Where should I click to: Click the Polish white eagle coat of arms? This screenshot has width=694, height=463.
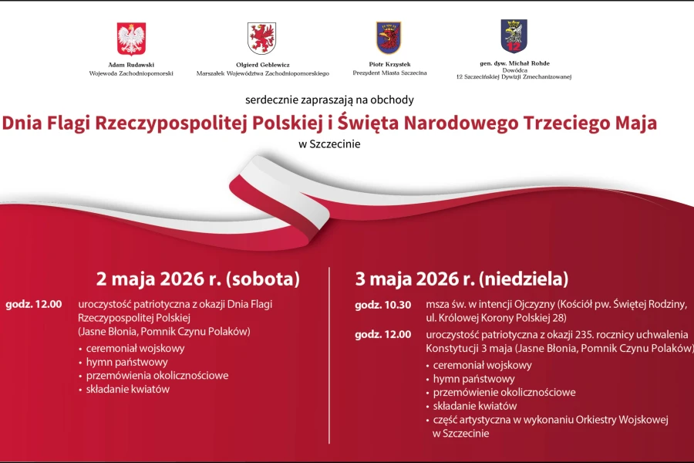(x=131, y=38)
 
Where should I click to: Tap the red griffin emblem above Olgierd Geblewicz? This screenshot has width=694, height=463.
(x=262, y=38)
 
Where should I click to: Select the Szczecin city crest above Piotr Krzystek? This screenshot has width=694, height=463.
(x=389, y=37)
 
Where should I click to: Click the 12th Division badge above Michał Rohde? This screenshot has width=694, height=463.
(x=514, y=36)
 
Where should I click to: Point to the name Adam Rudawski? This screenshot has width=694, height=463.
(x=131, y=66)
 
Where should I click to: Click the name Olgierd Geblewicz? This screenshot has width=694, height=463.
(x=262, y=66)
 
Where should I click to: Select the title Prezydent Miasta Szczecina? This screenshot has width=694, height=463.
(x=389, y=73)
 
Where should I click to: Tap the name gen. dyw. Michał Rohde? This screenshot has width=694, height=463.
(x=514, y=63)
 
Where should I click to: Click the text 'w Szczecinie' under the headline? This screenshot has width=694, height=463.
(x=329, y=143)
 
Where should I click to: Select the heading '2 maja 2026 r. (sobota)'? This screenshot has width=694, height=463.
(x=197, y=279)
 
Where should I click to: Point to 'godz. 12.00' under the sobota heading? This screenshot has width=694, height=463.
(x=33, y=305)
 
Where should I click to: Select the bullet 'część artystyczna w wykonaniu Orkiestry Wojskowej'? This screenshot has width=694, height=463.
(x=550, y=420)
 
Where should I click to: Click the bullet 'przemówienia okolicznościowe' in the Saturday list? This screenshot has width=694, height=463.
(x=157, y=376)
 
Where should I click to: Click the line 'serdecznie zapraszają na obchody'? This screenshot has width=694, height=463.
(x=329, y=100)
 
